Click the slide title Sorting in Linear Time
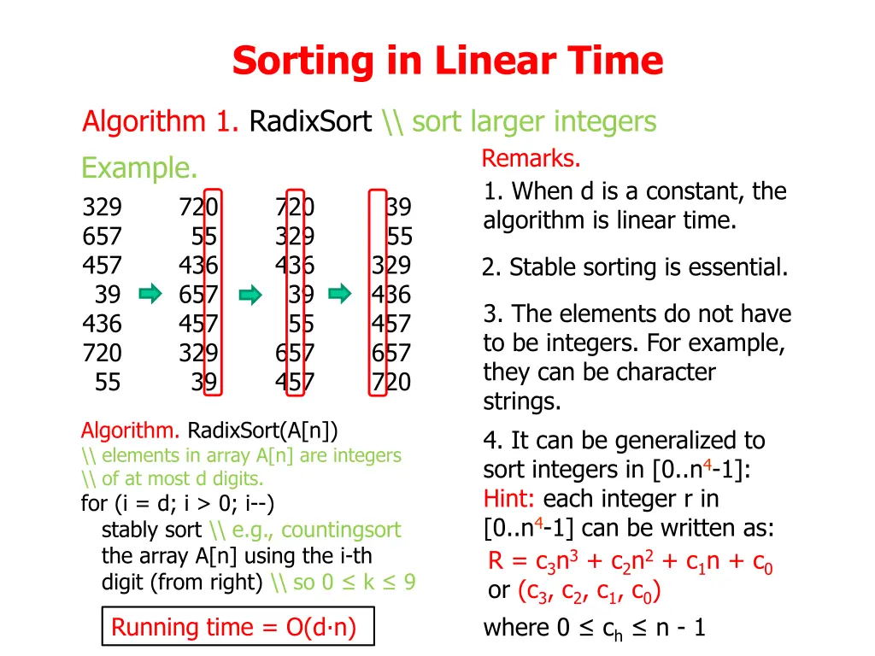(x=447, y=61)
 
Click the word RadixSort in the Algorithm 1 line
(x=310, y=122)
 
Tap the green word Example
(x=139, y=168)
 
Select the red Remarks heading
(x=531, y=159)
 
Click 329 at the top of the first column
(x=102, y=208)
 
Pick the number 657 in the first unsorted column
(x=102, y=237)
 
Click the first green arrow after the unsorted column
(x=150, y=295)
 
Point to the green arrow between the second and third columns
(x=250, y=295)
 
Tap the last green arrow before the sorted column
(x=340, y=295)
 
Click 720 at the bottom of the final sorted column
(x=391, y=382)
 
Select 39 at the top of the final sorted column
(x=398, y=208)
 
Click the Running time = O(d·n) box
(x=233, y=628)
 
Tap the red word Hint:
(x=510, y=498)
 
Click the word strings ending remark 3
(x=521, y=401)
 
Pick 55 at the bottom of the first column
(x=108, y=382)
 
